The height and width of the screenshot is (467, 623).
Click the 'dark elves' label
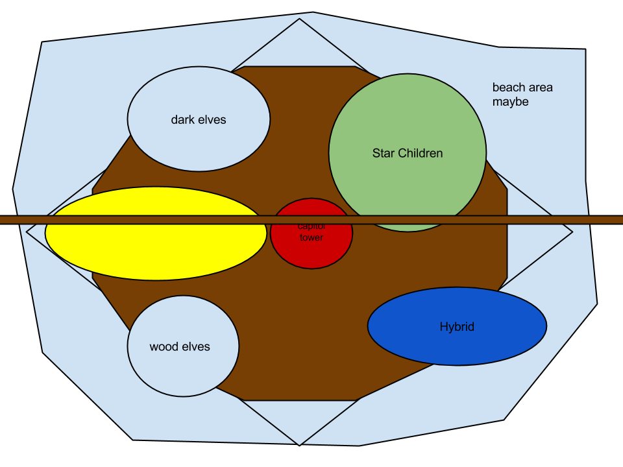coord(199,120)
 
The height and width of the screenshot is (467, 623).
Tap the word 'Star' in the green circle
coord(383,154)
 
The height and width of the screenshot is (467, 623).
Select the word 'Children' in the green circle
coord(420,154)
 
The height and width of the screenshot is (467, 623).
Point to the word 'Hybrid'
coord(457,327)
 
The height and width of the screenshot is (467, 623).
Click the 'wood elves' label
coord(180,347)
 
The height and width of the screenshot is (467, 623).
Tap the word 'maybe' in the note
coord(510,102)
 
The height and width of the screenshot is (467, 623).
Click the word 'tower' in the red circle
coord(311,238)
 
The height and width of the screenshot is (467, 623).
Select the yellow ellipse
coord(156,250)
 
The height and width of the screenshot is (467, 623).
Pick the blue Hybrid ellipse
coord(457,344)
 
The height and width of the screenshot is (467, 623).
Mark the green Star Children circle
coord(408,123)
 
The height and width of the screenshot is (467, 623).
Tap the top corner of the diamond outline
coord(299,19)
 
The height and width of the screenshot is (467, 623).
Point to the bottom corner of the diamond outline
coord(299,444)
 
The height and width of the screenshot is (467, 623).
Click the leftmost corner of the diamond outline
coord(27,232)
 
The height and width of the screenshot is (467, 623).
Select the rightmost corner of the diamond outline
coord(572,232)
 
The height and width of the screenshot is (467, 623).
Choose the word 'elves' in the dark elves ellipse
coord(212,120)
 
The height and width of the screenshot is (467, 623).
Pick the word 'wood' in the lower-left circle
coord(164,347)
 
